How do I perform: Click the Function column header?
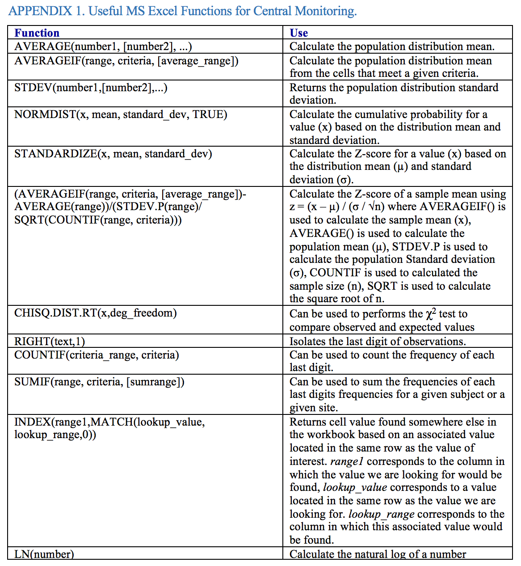[x=37, y=33]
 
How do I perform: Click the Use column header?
[x=298, y=33]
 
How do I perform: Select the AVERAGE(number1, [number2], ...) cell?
[x=103, y=46]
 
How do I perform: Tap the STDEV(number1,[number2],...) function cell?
[x=91, y=88]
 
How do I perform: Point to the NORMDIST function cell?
[x=121, y=114]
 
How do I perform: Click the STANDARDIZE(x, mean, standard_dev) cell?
[x=113, y=154]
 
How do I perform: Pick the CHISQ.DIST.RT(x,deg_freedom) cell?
[x=95, y=313]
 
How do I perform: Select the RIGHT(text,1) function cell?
[x=49, y=342]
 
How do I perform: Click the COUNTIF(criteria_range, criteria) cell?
[x=97, y=355]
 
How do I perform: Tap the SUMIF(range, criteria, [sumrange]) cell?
[x=99, y=382]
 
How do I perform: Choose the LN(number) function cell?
[x=44, y=554]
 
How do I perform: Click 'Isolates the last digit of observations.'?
[x=378, y=342]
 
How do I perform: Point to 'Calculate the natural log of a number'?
[x=378, y=554]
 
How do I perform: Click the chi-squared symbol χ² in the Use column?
[x=430, y=314]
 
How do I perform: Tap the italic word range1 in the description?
[x=347, y=461]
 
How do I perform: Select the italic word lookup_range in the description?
[x=382, y=514]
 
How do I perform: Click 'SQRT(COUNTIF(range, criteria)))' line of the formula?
[x=98, y=220]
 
